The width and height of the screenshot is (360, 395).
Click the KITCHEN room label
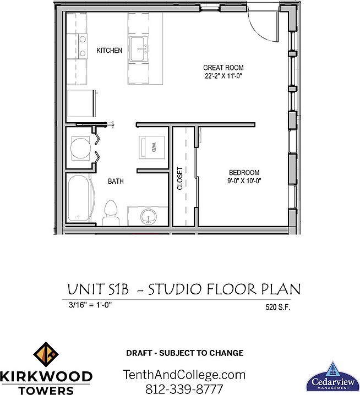109,51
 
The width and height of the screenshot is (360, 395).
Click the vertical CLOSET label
179,178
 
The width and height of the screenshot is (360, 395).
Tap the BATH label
115,181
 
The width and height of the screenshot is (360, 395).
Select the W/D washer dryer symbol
151,147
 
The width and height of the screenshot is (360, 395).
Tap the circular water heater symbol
80,148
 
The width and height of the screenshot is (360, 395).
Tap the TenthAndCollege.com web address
183,375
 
